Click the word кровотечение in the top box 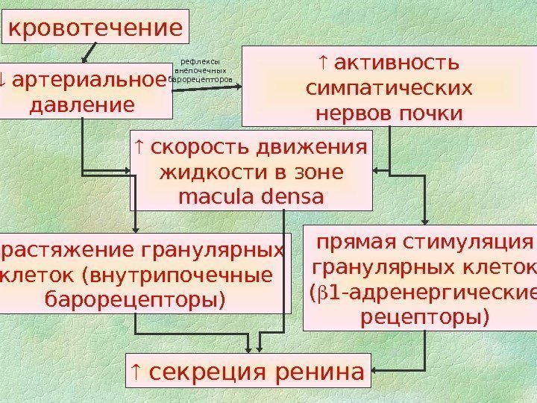tap(95, 28)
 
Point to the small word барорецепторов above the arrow tap(201, 78)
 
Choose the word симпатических tap(389, 88)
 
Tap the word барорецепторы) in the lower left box tap(134, 300)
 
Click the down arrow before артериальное tap(4, 78)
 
